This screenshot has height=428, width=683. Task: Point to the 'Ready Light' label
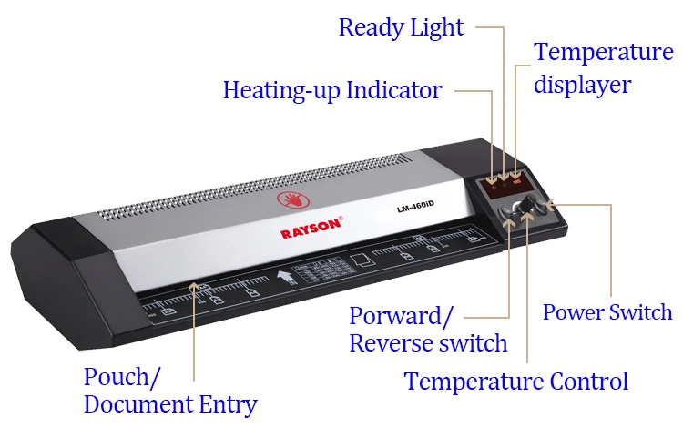pos(401,27)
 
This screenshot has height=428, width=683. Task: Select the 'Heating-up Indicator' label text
pos(332,90)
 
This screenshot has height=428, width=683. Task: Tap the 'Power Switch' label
pos(607,312)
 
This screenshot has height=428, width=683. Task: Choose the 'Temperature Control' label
pos(516,381)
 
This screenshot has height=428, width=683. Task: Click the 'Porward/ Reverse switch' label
pos(428,330)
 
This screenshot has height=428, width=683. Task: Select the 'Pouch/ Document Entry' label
pos(170,390)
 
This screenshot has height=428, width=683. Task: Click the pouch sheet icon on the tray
pos(361,262)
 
